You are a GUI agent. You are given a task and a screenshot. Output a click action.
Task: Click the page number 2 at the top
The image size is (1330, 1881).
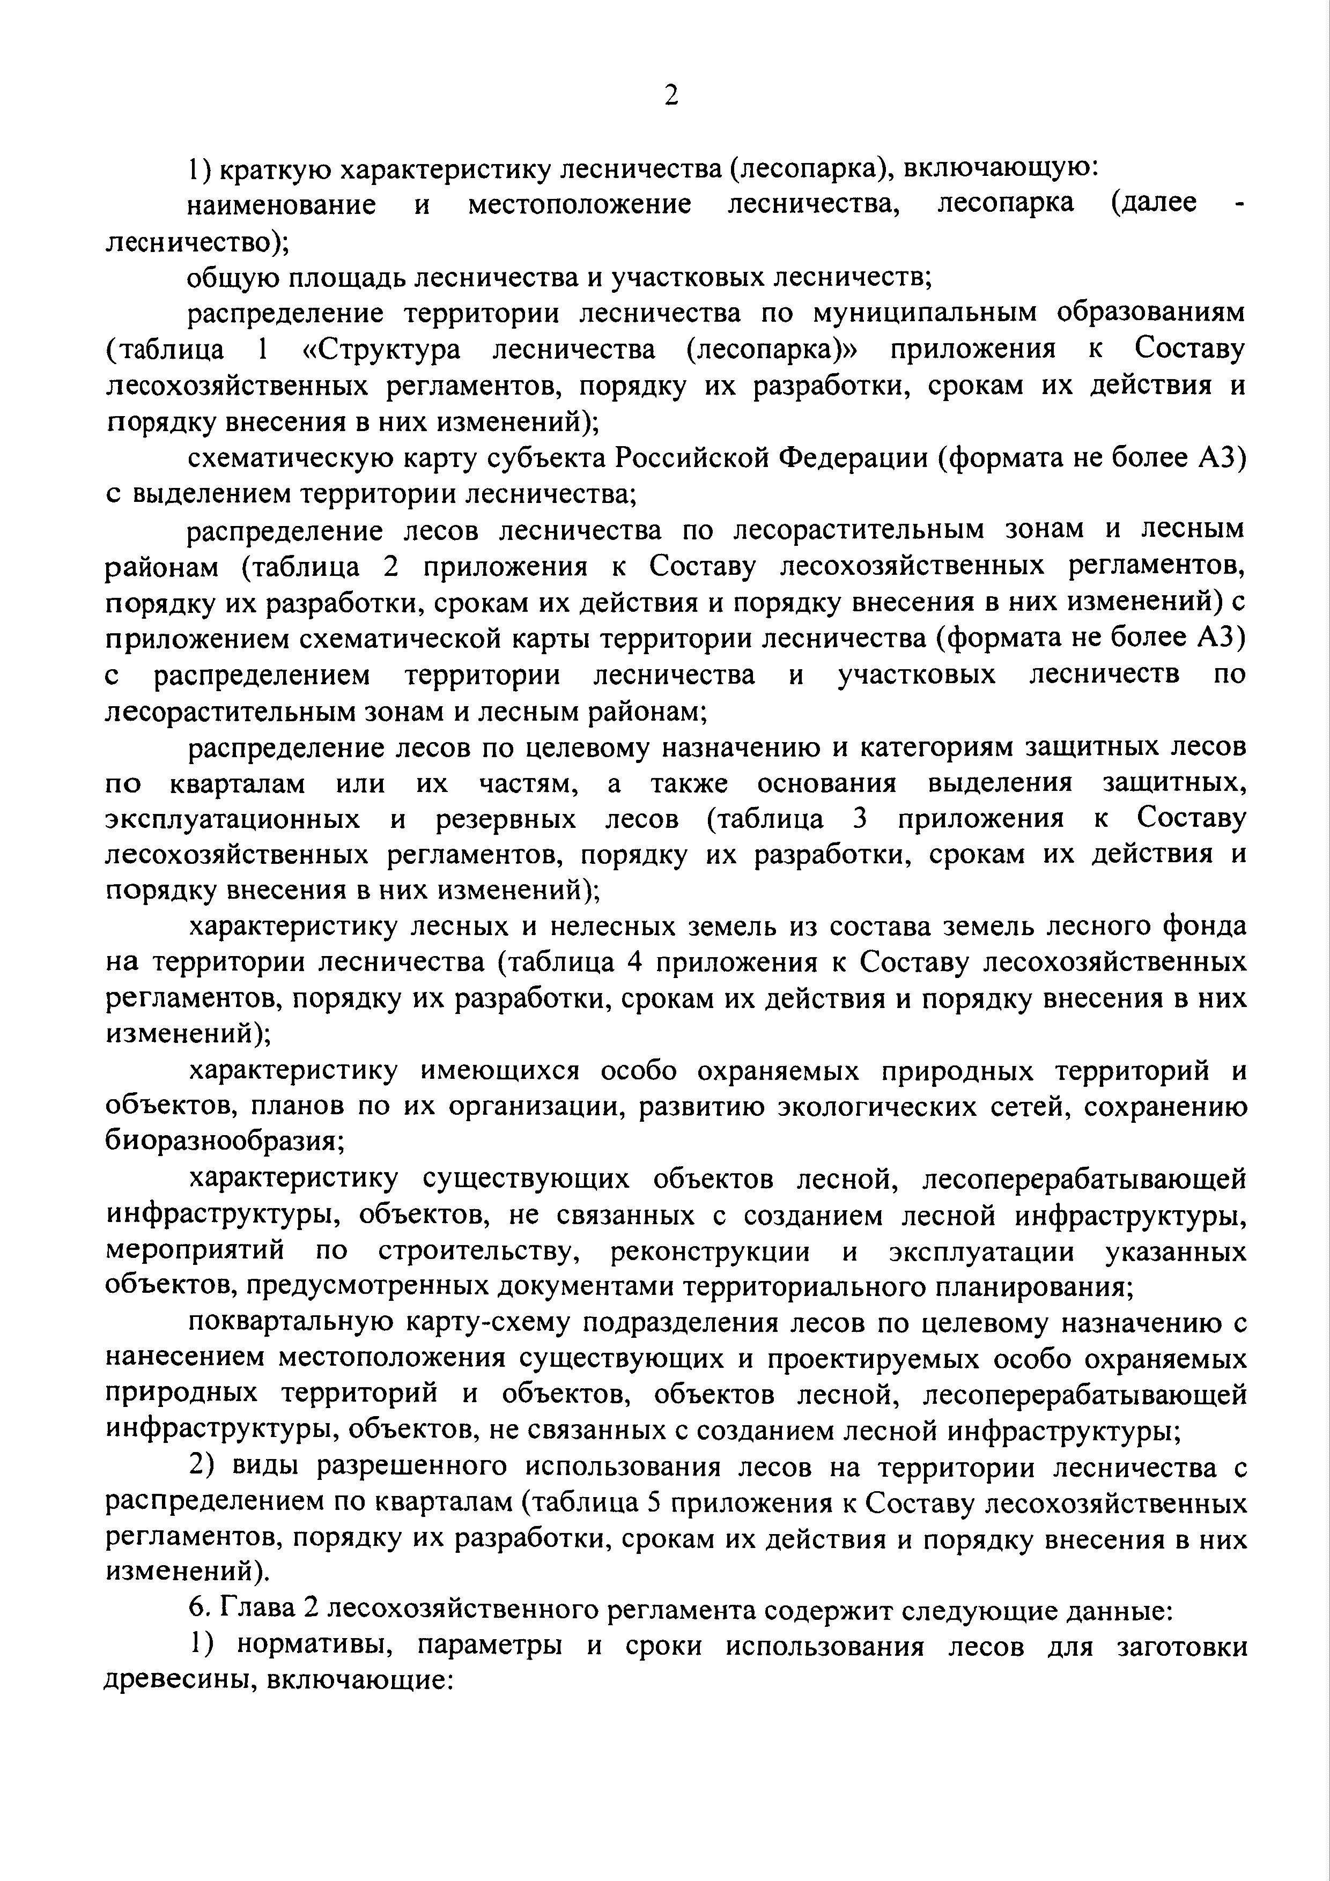(670, 96)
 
